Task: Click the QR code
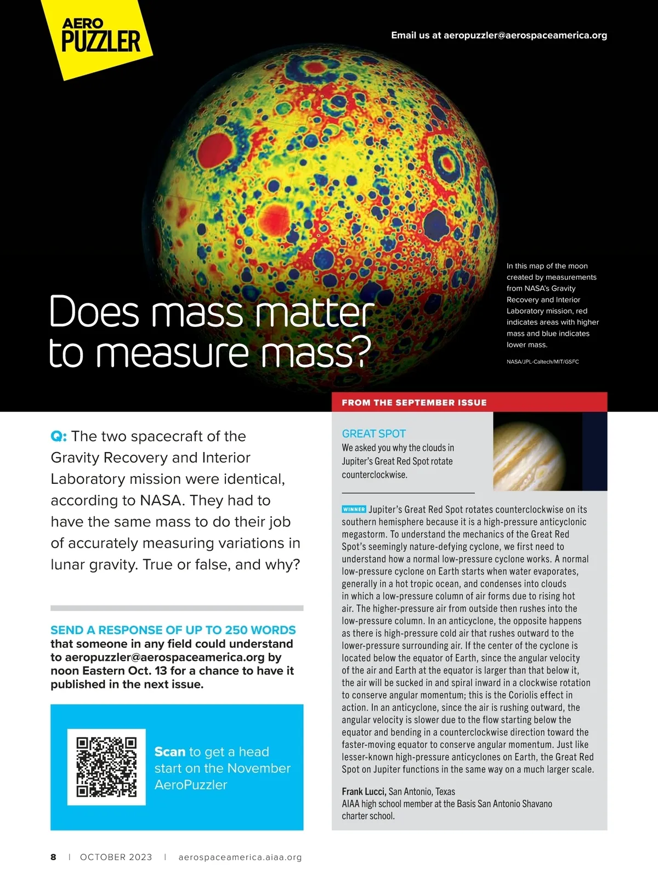(106, 767)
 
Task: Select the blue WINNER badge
(354, 510)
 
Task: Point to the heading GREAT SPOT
(373, 433)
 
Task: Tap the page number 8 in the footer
(53, 857)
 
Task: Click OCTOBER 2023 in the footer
(116, 857)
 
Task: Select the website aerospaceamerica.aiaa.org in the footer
(240, 857)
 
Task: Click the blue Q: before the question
(59, 437)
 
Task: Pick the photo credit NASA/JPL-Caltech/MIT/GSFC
(542, 362)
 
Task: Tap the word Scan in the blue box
(170, 752)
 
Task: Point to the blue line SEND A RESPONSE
(173, 630)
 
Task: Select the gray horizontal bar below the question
(177, 608)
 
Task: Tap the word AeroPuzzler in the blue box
(190, 784)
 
